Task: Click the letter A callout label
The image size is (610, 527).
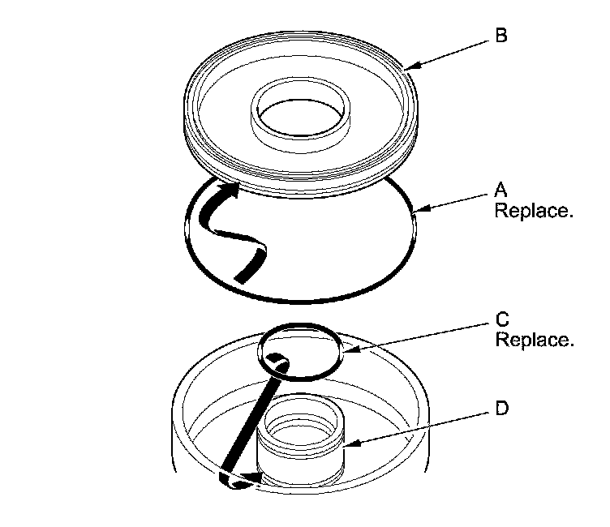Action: [500, 191]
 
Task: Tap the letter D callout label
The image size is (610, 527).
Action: [501, 409]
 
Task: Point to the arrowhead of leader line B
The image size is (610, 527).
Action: [405, 69]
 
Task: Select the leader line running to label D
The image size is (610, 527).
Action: [418, 426]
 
